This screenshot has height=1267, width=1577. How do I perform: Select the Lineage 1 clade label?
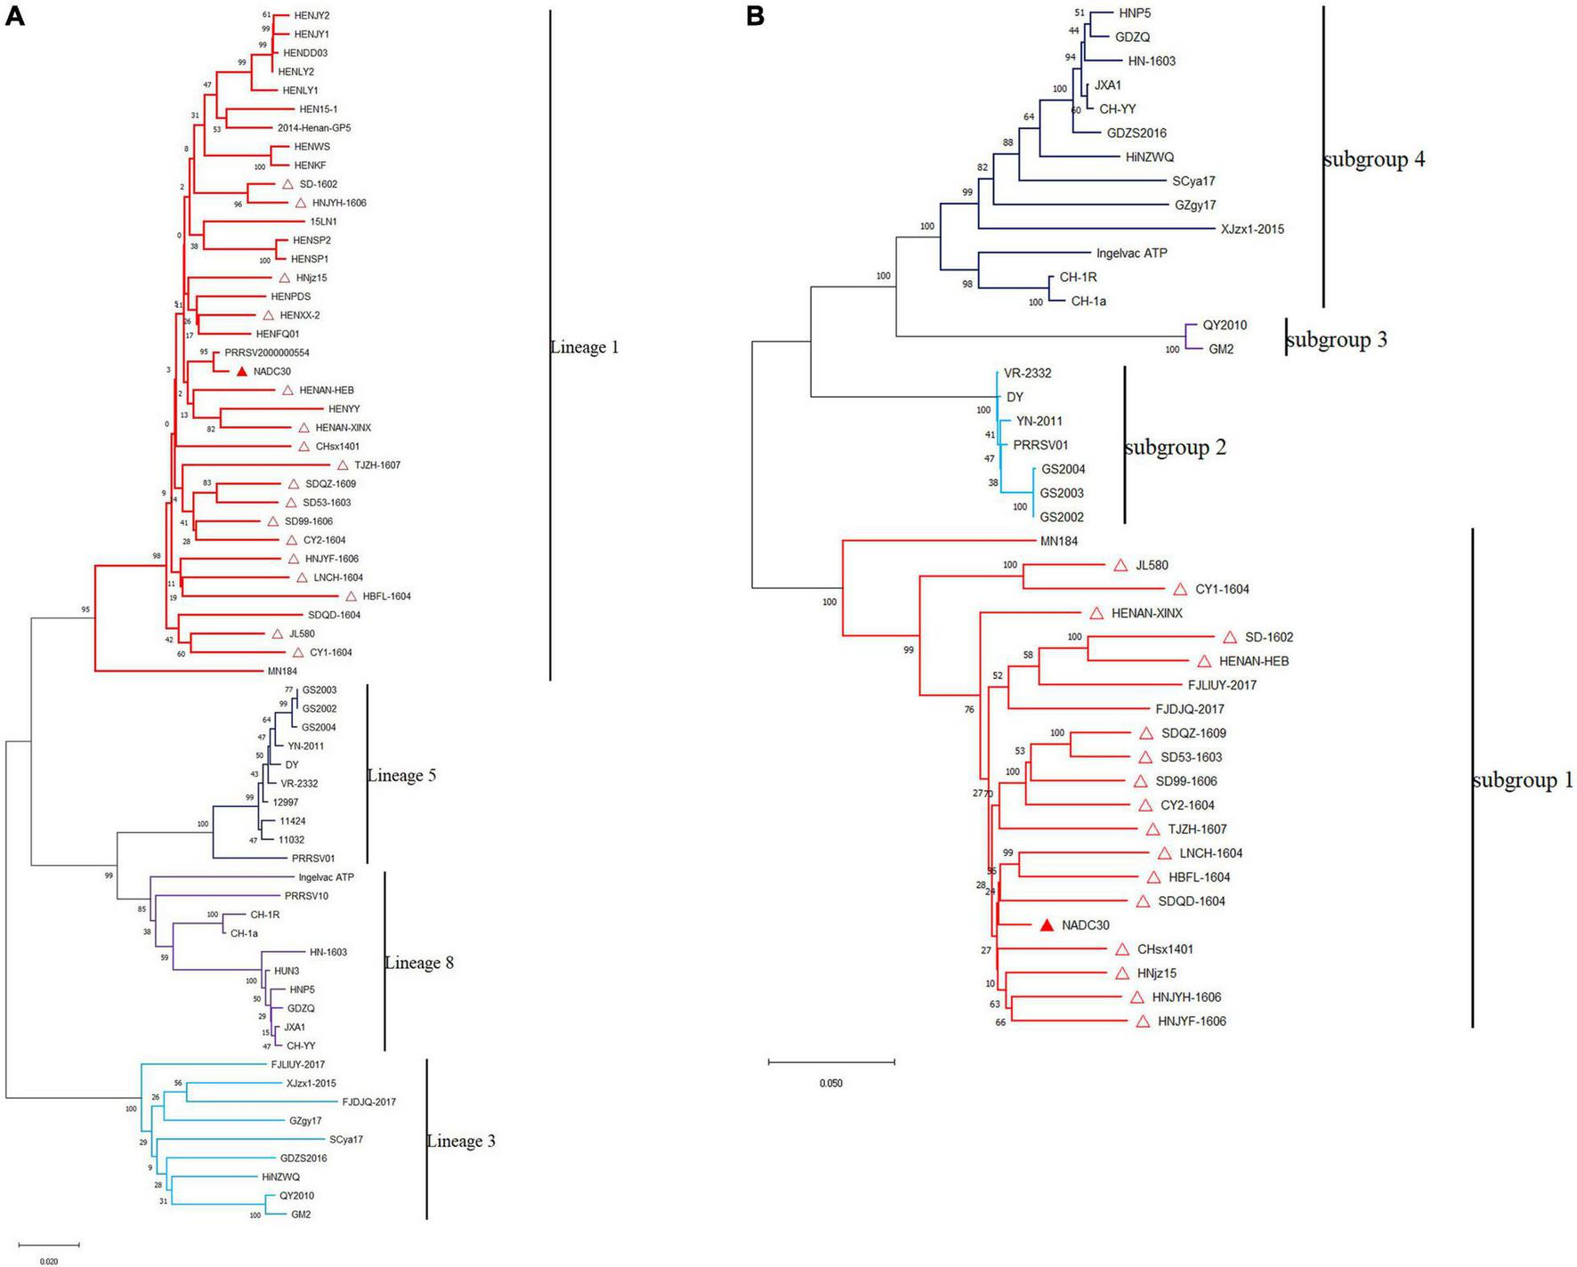585,348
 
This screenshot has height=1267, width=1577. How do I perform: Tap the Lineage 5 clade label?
401,776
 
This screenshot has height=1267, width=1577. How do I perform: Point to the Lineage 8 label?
419,963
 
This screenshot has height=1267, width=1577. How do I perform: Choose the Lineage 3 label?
461,1142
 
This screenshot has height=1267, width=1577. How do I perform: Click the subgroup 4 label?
1374,160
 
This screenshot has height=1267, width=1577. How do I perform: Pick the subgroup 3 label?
1337,340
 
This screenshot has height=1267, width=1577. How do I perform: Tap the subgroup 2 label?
1175,448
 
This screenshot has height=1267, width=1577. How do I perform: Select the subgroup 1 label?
1523,781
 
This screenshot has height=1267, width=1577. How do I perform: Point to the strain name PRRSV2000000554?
267,353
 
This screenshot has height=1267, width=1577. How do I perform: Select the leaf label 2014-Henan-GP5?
314,128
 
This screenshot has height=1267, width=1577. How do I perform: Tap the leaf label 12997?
286,803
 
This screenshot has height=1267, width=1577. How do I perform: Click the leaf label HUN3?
287,971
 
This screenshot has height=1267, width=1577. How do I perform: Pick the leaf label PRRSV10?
306,896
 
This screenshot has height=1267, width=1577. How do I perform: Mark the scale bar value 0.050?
830,1084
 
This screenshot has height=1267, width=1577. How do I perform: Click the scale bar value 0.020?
49,1261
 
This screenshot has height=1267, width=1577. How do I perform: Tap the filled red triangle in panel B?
1047,925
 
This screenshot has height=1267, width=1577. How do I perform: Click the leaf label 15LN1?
323,222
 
